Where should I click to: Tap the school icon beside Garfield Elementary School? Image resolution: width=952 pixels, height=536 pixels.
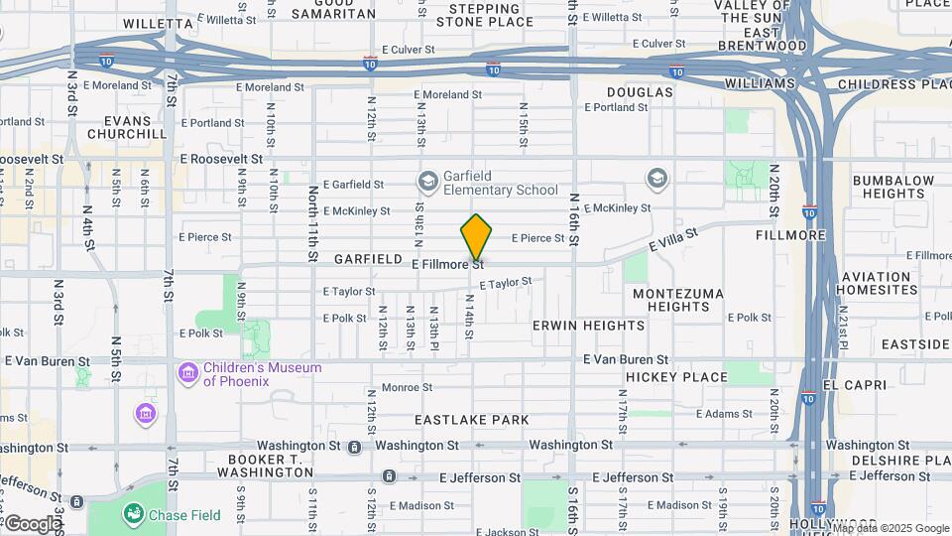coord(427,181)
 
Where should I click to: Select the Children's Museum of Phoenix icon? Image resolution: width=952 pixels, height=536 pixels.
coord(187,374)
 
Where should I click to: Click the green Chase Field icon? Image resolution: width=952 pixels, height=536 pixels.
coord(133,513)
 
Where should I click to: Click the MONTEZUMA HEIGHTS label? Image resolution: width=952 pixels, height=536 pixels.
coord(678,300)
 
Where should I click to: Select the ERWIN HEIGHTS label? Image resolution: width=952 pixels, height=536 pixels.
coord(588,326)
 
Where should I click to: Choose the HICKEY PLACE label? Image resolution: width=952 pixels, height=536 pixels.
coord(678,377)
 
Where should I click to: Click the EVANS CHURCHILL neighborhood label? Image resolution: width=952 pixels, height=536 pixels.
coord(127,126)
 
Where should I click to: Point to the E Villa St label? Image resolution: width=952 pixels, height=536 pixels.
coord(674,239)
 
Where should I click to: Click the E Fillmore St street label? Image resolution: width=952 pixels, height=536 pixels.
coord(447,264)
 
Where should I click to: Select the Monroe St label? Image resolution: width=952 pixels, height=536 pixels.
coord(407,387)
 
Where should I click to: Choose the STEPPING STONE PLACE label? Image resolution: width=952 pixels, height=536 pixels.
coord(484,15)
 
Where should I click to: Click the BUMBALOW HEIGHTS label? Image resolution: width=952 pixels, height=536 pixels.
coord(892,187)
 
